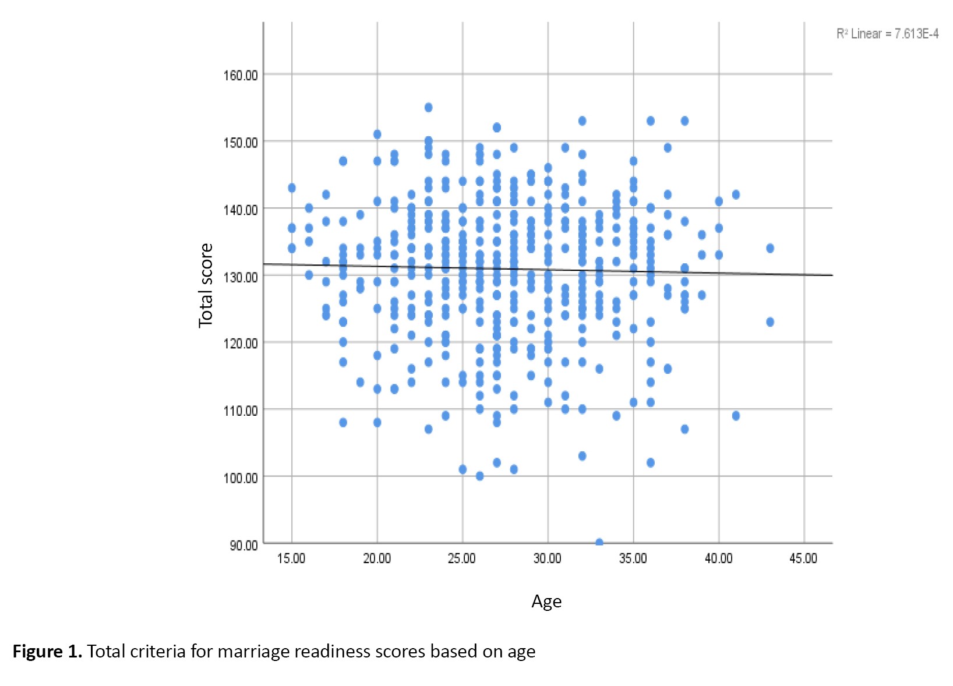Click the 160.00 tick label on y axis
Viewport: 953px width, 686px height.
240,75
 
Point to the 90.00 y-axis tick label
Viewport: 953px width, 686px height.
243,545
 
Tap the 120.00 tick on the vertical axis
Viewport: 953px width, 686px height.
240,343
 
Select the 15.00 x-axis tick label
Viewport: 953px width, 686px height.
291,558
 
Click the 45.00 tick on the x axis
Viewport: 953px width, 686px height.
803,558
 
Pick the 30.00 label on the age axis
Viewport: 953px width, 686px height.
548,558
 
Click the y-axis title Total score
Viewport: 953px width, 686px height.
206,285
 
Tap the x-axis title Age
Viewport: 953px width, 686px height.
546,602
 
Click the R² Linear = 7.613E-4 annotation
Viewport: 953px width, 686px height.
887,34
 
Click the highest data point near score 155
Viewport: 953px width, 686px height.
428,107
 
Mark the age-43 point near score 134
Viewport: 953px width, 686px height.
770,248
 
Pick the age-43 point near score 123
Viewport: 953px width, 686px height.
770,322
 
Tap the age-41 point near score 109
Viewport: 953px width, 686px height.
736,416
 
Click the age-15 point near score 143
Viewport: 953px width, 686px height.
292,188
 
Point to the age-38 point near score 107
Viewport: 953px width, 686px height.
684,429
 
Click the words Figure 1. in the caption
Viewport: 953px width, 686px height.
47,651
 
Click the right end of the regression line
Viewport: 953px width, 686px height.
831,275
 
